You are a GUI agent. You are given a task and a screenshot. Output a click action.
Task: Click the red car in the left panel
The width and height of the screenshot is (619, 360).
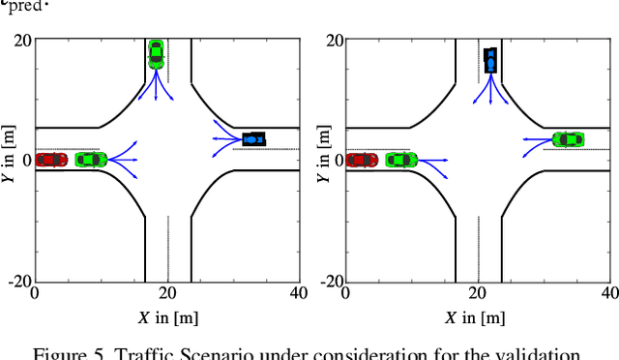[x=51, y=160]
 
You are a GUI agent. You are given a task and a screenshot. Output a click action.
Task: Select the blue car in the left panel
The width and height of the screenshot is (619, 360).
[x=253, y=139]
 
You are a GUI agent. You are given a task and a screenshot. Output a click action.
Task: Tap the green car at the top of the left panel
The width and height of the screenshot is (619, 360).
[x=156, y=52]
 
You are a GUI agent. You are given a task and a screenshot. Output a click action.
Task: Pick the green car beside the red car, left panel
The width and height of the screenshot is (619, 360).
[x=90, y=160]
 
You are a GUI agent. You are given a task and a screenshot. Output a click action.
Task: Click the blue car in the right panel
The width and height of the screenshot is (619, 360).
[x=490, y=61]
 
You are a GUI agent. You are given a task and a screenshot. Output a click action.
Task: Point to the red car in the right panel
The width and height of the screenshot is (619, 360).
[x=362, y=160]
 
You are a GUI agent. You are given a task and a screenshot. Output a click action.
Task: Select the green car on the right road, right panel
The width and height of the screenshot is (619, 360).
[x=568, y=139]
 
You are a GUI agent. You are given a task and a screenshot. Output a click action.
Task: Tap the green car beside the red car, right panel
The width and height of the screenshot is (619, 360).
[x=401, y=160]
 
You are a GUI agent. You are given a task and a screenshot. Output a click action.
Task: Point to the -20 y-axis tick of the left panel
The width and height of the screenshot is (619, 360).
[x=19, y=282]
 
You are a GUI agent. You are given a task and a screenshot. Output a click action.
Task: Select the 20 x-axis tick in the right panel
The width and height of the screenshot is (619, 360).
[x=478, y=292]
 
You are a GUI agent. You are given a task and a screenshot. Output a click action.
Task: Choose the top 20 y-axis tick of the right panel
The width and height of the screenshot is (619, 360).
[x=335, y=41]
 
